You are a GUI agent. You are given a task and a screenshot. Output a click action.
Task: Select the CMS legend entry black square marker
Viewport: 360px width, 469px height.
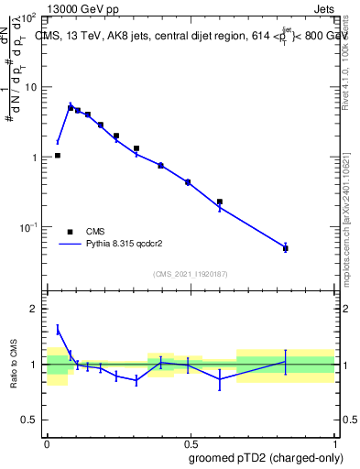tap(70, 231)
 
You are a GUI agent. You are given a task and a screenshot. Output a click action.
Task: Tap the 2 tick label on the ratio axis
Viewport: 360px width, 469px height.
tap(33, 310)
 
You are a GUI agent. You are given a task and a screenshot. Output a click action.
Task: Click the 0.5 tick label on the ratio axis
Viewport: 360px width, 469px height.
tap(27, 420)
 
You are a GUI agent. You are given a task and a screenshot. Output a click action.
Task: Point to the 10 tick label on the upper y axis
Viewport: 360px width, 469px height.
tap(28, 87)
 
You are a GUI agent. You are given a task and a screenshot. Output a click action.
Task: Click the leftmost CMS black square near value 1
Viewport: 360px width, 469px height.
tap(58, 156)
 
